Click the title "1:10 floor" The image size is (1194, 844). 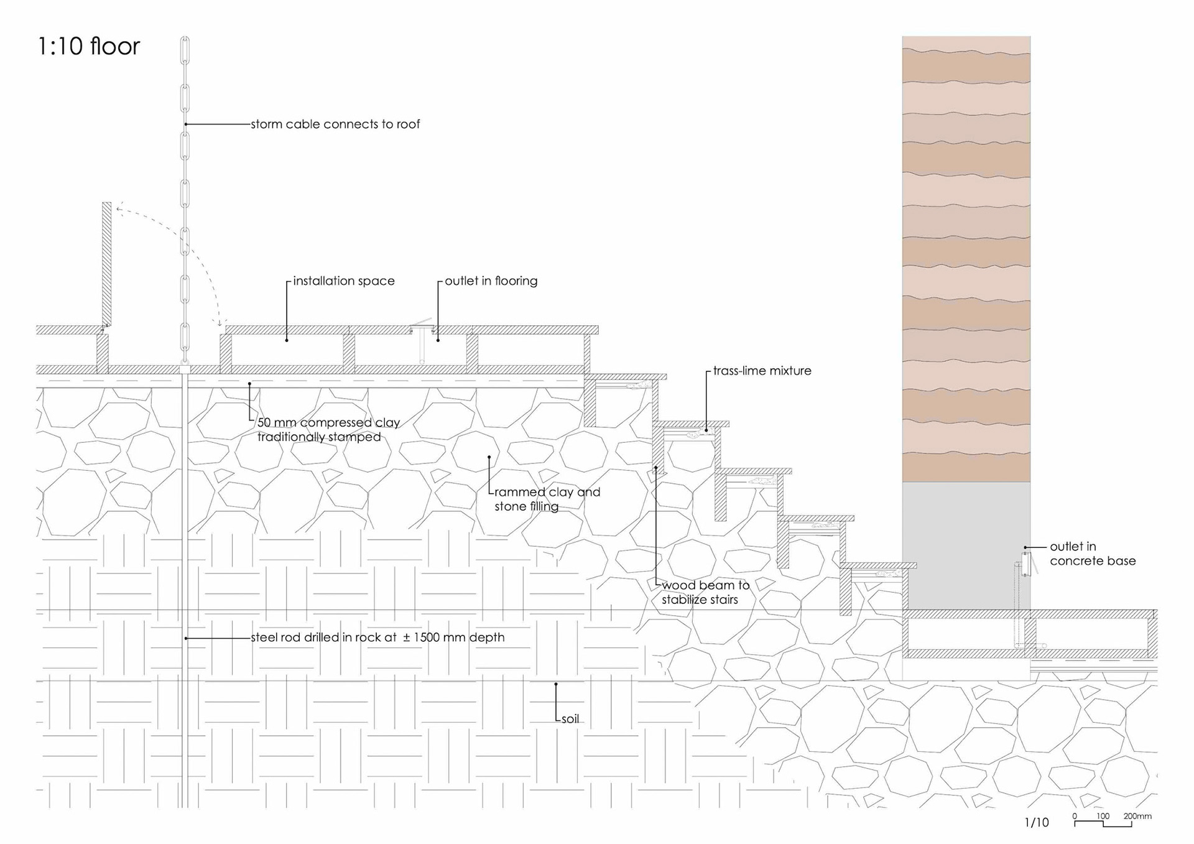(x=88, y=47)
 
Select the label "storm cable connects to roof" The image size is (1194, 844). (x=335, y=124)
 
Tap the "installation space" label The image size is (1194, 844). (x=343, y=281)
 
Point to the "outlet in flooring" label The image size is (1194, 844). (x=491, y=281)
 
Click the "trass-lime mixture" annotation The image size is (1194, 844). (x=762, y=371)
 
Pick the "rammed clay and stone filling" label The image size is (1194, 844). (x=547, y=499)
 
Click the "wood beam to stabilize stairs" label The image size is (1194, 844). (x=705, y=592)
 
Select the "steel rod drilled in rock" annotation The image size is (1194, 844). (x=377, y=638)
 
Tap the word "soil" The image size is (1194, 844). (x=570, y=719)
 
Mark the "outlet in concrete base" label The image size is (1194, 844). (x=1092, y=554)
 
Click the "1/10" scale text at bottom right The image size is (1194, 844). (x=1036, y=822)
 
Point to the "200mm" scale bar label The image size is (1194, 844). (x=1137, y=816)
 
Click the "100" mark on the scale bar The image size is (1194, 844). (x=1103, y=816)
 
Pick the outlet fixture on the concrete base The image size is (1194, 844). (x=1026, y=563)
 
